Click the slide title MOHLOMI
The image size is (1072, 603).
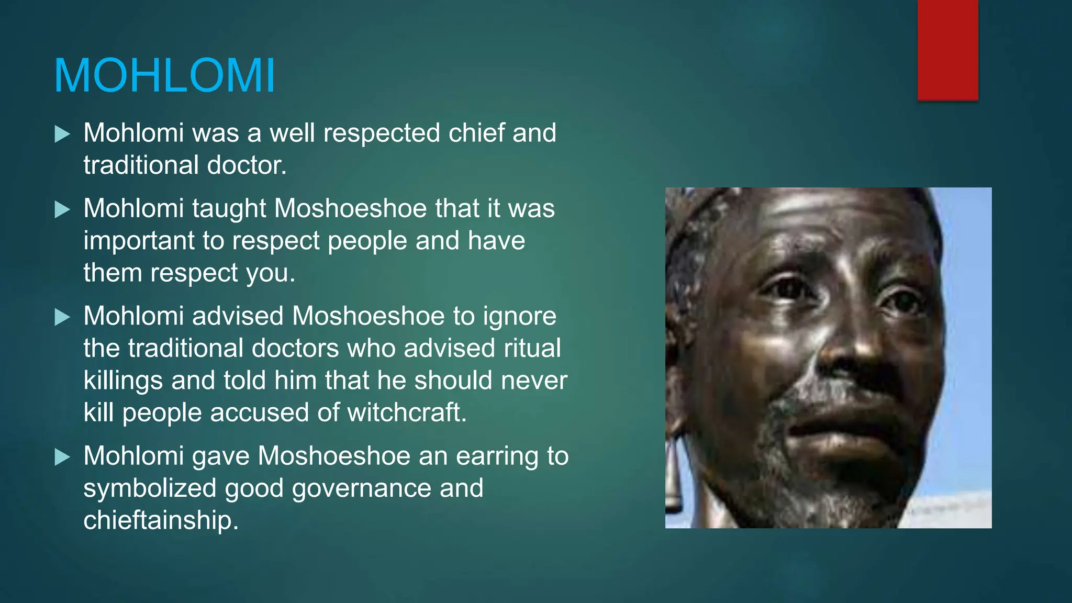pos(164,76)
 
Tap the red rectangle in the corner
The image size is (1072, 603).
pos(947,50)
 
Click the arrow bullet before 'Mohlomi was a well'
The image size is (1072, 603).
pos(62,134)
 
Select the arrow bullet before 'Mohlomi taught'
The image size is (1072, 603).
pos(62,210)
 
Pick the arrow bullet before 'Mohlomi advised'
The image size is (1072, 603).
pos(62,317)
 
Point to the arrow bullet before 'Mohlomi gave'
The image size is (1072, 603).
pos(62,457)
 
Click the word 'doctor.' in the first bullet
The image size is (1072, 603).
pos(247,165)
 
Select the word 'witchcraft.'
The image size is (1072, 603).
pos(407,412)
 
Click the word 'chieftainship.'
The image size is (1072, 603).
pos(161,521)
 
